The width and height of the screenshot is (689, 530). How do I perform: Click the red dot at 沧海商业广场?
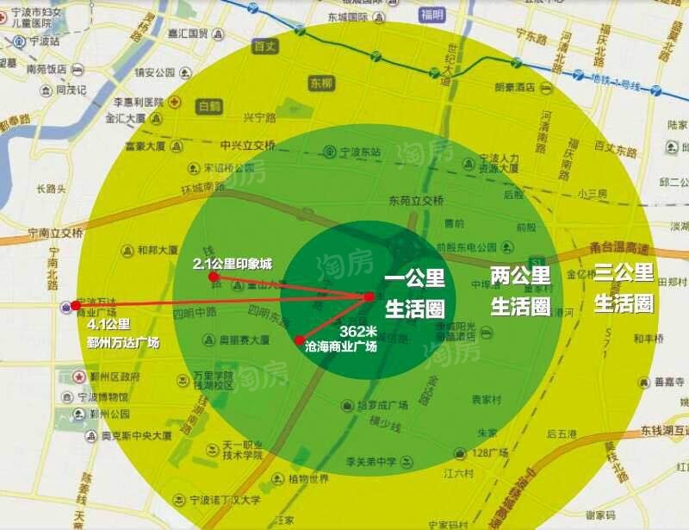299,340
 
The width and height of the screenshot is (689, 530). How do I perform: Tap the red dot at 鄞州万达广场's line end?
76,305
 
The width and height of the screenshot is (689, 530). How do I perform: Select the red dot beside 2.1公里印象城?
213,277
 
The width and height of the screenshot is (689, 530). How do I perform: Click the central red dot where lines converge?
369,296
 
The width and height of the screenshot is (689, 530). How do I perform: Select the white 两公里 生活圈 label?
520,290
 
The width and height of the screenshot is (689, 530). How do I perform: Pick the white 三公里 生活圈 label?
624,288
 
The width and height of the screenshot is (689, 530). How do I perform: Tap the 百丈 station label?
265,47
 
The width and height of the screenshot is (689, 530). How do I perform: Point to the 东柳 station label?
320,84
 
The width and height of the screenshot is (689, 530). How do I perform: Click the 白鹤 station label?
209,108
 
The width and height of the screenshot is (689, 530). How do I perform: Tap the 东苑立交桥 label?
416,201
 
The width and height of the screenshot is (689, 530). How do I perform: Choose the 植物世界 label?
308,479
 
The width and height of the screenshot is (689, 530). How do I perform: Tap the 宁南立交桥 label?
55,233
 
